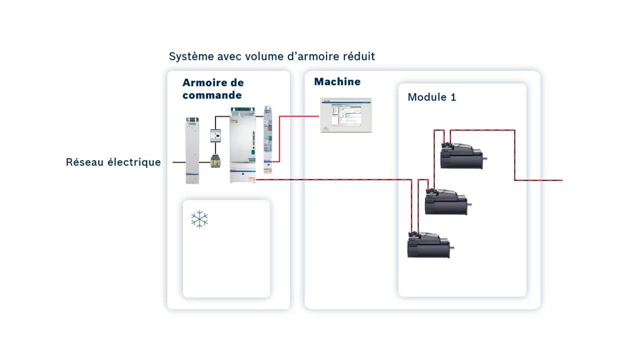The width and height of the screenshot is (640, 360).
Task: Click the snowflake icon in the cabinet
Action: tap(199, 219)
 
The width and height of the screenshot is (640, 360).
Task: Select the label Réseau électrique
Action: tap(113, 162)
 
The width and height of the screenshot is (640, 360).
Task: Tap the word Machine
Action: tap(337, 82)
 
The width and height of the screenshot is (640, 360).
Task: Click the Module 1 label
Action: tap(431, 97)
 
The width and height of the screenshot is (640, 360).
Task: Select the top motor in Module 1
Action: tap(461, 156)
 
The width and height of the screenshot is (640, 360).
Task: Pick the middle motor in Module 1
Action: tap(445, 202)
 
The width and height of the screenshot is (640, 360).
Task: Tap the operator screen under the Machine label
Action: tap(346, 115)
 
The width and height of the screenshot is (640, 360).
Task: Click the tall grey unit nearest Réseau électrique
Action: tap(192, 150)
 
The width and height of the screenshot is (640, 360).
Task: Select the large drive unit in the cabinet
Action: tap(242, 145)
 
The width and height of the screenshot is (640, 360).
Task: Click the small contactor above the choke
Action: tap(215, 135)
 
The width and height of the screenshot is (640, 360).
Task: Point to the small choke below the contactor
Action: tap(215, 161)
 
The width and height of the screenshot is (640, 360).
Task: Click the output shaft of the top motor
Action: tap(484, 159)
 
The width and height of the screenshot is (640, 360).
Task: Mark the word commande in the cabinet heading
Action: tap(212, 95)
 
